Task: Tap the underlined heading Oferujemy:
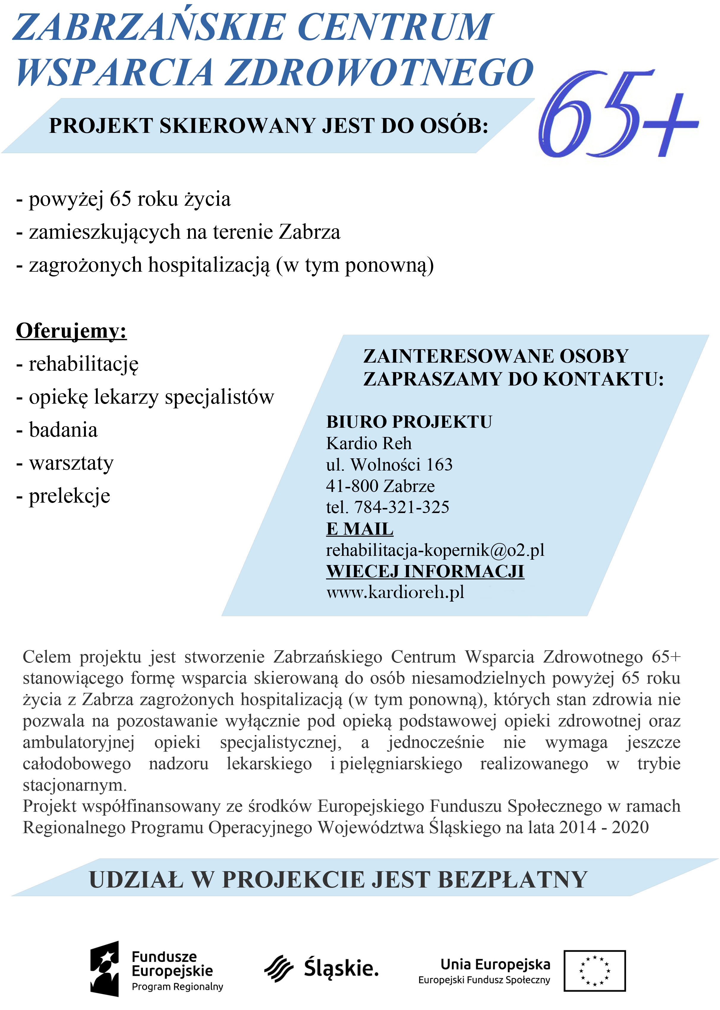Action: (71, 331)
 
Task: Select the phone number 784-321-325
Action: (402, 507)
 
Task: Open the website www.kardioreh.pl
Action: (395, 592)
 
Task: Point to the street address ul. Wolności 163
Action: (389, 465)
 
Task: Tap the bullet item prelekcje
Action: (69, 496)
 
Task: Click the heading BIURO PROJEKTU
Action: (409, 422)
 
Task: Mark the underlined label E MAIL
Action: (360, 529)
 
